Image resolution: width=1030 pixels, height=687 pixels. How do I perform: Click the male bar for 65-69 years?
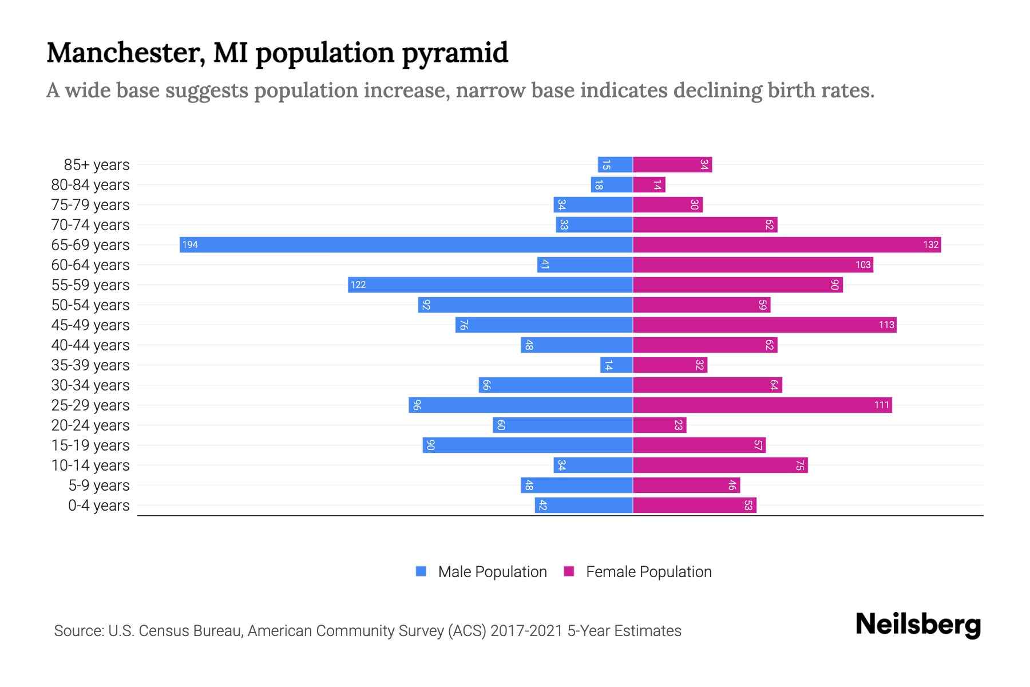406,245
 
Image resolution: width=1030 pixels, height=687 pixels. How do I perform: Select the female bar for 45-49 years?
764,325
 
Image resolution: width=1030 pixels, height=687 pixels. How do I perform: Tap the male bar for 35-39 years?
616,365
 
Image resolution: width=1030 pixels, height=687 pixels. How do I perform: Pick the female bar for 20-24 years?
659,425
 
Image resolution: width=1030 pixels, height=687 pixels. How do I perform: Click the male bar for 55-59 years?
490,285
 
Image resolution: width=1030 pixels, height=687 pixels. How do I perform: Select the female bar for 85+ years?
672,165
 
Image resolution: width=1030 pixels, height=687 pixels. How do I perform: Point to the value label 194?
190,245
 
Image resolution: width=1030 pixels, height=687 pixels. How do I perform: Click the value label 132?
930,245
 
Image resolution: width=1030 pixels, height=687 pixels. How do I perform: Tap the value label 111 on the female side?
881,405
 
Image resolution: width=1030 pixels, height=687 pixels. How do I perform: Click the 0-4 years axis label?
98,506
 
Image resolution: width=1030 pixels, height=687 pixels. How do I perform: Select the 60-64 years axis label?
90,265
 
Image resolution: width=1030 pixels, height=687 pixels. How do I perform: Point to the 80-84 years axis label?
90,185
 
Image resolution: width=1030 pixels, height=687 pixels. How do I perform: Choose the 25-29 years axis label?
90,405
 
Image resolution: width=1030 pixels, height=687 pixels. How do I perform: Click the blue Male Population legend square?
421,571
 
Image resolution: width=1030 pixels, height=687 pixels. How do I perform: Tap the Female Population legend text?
648,572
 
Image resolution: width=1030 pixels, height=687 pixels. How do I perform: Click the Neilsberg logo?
918,625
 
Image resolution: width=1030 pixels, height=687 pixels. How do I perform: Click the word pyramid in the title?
455,53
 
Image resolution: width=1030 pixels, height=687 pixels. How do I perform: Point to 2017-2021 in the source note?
526,631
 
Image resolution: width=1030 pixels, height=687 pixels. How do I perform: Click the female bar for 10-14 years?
720,465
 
